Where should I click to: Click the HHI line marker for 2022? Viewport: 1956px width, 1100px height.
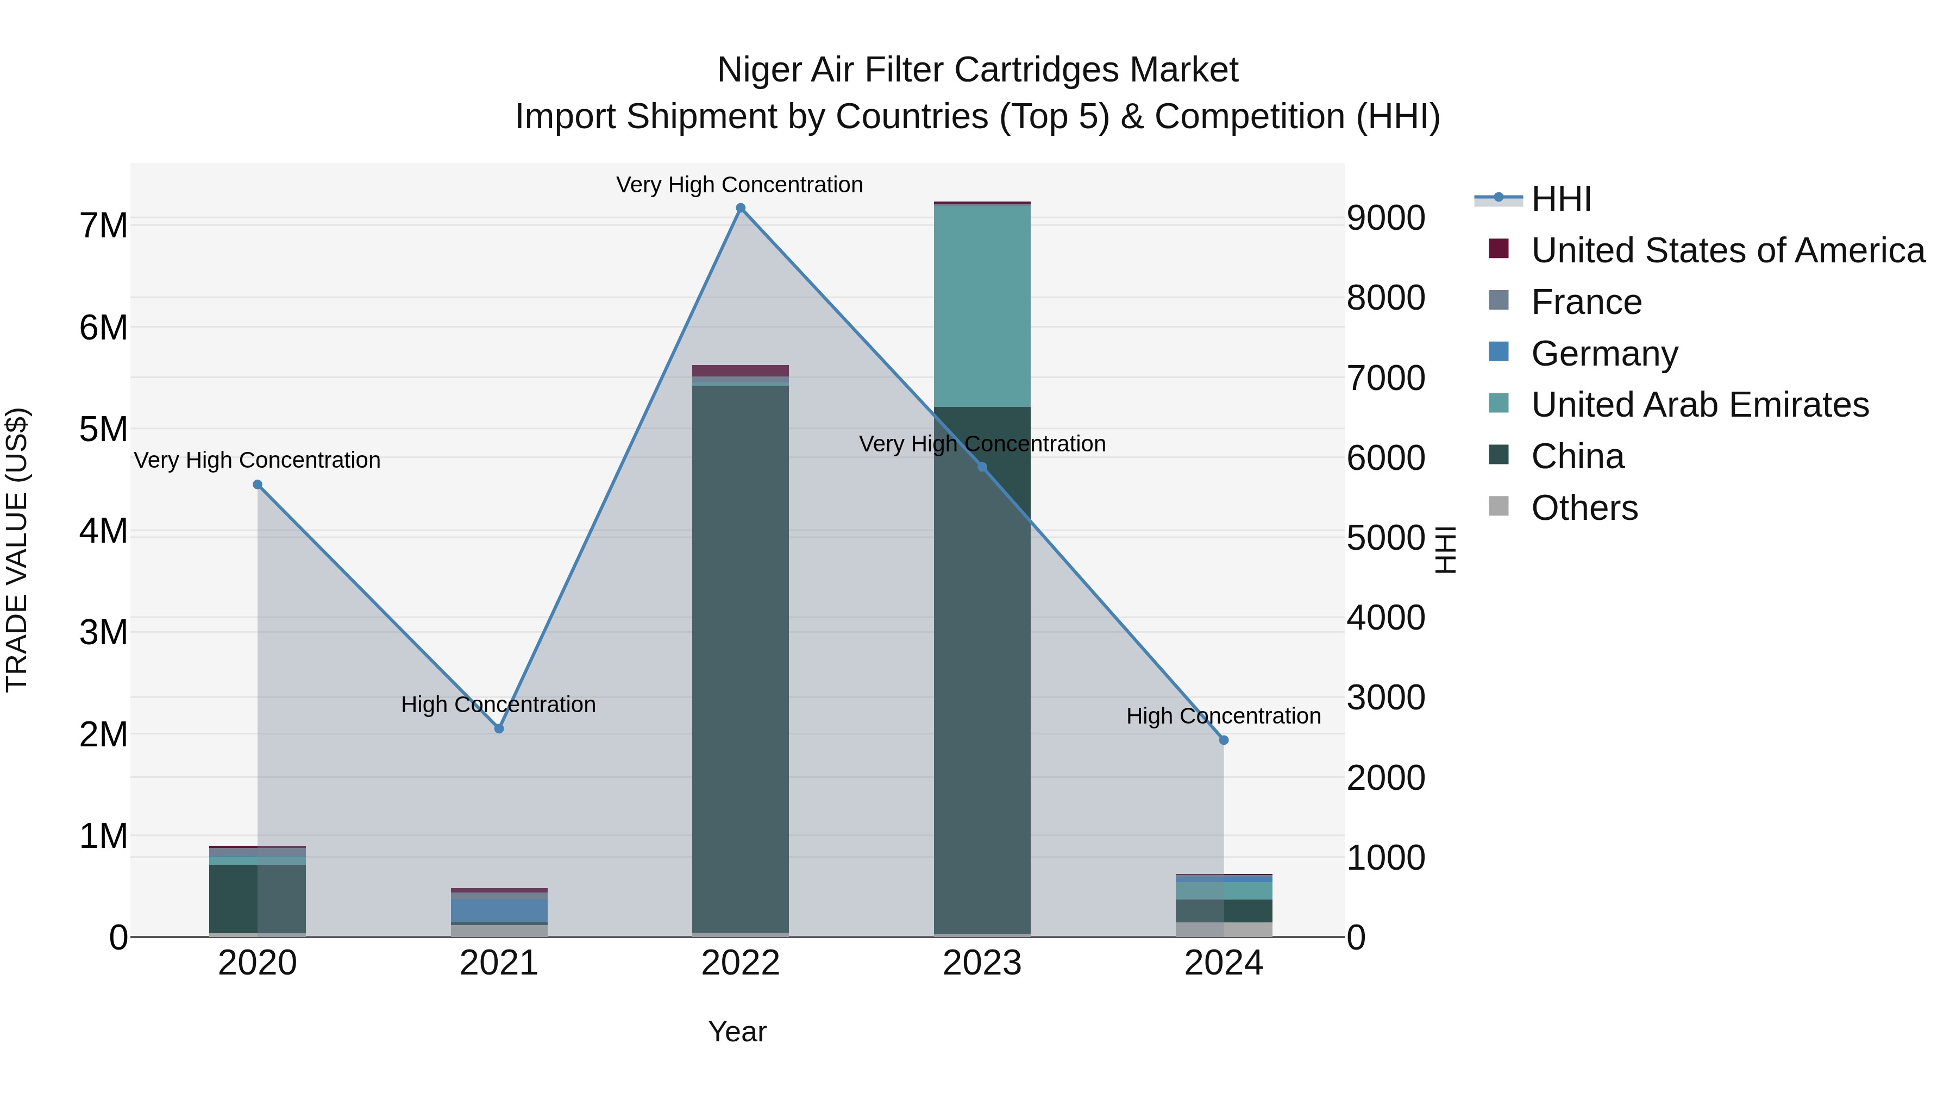coord(741,208)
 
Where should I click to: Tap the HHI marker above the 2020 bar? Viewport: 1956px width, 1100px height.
coord(258,485)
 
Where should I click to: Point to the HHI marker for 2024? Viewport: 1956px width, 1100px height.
coord(1223,740)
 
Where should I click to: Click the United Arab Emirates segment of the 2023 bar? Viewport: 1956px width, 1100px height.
coord(982,306)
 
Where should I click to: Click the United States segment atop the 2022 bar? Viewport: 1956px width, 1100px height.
coord(741,370)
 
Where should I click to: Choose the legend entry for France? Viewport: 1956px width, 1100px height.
coord(1585,302)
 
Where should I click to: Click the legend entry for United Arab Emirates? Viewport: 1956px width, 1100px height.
coord(1700,405)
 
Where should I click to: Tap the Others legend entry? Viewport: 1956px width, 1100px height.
coord(1584,508)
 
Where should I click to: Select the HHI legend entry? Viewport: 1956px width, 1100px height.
coord(1560,199)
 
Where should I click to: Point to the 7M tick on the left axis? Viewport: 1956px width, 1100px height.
coord(104,225)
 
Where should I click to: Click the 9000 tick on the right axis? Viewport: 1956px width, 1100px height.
coord(1385,218)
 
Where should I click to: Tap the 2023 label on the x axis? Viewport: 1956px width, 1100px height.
coord(982,963)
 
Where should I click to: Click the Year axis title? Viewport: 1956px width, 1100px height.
coord(737,1032)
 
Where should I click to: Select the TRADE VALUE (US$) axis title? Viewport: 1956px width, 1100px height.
coord(17,550)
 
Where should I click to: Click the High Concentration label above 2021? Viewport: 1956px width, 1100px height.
coord(498,705)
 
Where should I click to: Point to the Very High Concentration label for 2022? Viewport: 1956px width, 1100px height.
coord(739,185)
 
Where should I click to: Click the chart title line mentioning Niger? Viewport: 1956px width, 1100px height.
coord(977,70)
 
